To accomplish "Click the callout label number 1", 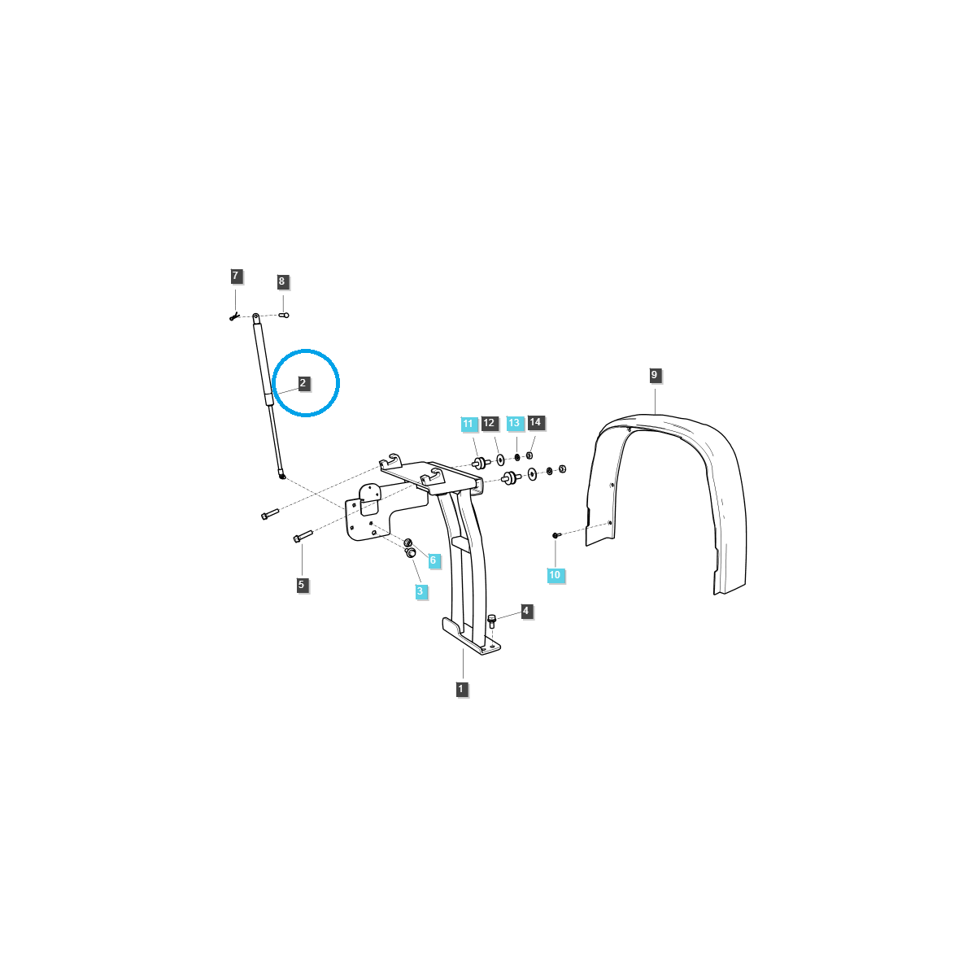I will (x=461, y=689).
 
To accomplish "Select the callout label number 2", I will (x=303, y=382).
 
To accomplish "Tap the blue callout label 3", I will (x=420, y=591).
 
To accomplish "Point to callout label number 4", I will (x=526, y=610).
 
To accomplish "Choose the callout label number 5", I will (x=302, y=584).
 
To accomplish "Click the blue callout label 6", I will (x=433, y=560).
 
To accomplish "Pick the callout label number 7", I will (x=236, y=277).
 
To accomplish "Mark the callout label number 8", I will (x=282, y=281).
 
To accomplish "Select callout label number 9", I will (x=655, y=375).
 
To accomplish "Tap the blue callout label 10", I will (x=555, y=575).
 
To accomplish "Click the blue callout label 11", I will (x=468, y=424).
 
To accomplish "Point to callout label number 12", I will (x=489, y=423).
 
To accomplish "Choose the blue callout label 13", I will (x=514, y=423).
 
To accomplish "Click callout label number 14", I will (x=535, y=422).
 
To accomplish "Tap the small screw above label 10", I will (x=556, y=535).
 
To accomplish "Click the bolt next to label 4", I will (x=492, y=622).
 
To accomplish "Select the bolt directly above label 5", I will (x=301, y=537).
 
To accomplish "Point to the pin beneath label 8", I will (x=284, y=315).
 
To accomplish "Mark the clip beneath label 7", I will (x=233, y=316).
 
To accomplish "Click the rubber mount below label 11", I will (x=480, y=464).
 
